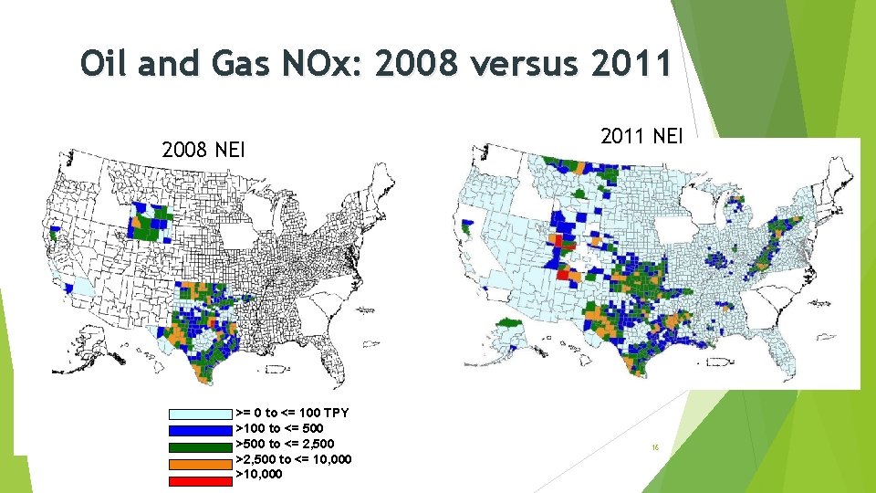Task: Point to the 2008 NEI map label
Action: (203, 149)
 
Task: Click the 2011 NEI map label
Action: (641, 136)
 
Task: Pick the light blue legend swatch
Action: (199, 414)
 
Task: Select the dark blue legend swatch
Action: (199, 429)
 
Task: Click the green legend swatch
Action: (199, 445)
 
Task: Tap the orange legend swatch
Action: (199, 460)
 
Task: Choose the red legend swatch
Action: (199, 476)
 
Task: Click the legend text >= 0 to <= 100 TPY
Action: (293, 413)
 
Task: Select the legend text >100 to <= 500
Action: (279, 428)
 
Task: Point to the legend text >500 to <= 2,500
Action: (285, 444)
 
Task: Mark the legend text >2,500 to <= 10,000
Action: (294, 459)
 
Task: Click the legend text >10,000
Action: (259, 475)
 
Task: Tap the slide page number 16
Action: (655, 448)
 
